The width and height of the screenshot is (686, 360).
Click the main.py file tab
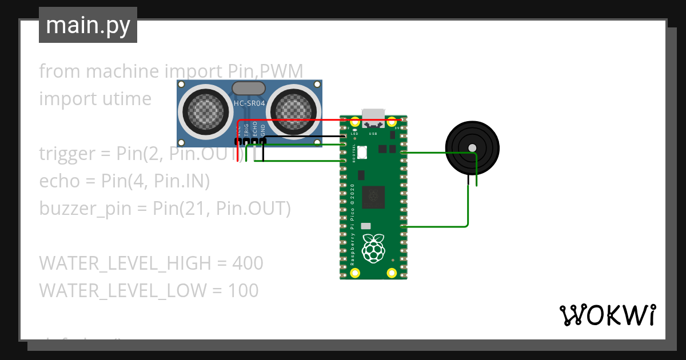pos(87,25)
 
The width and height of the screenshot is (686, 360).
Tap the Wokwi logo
pos(607,315)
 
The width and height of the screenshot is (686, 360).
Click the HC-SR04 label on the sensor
pos(249,103)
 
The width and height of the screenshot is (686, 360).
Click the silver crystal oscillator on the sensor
pos(249,88)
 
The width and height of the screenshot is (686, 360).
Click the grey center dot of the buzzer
pos(472,148)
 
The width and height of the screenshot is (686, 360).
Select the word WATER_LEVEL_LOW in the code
pos(122,291)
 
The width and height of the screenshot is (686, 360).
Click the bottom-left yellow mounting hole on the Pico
pos(355,273)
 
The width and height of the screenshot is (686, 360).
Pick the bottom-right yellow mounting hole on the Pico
pos(392,273)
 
